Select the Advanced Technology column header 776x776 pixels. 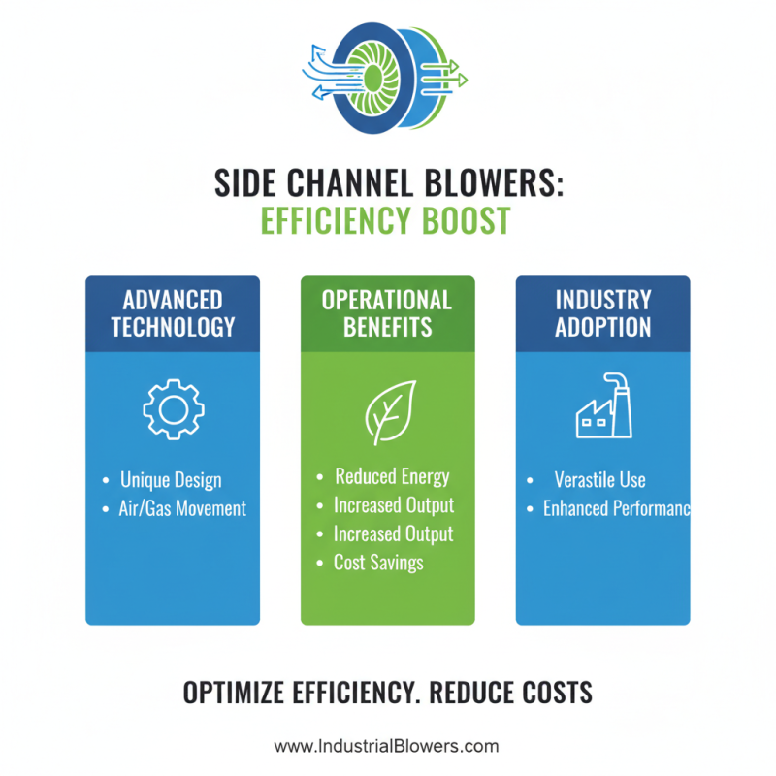[x=173, y=312]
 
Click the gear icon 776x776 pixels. [x=173, y=408]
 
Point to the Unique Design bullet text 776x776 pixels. [x=171, y=480]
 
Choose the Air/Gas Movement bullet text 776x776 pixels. [x=183, y=508]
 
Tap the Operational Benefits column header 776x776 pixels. [x=387, y=312]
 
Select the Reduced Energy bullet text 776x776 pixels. [x=392, y=476]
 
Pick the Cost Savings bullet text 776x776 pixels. [x=378, y=562]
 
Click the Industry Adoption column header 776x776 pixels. [x=602, y=312]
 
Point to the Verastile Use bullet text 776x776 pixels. [x=599, y=479]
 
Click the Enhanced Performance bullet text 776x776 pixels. [x=616, y=508]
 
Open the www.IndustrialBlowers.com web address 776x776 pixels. [x=386, y=746]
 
